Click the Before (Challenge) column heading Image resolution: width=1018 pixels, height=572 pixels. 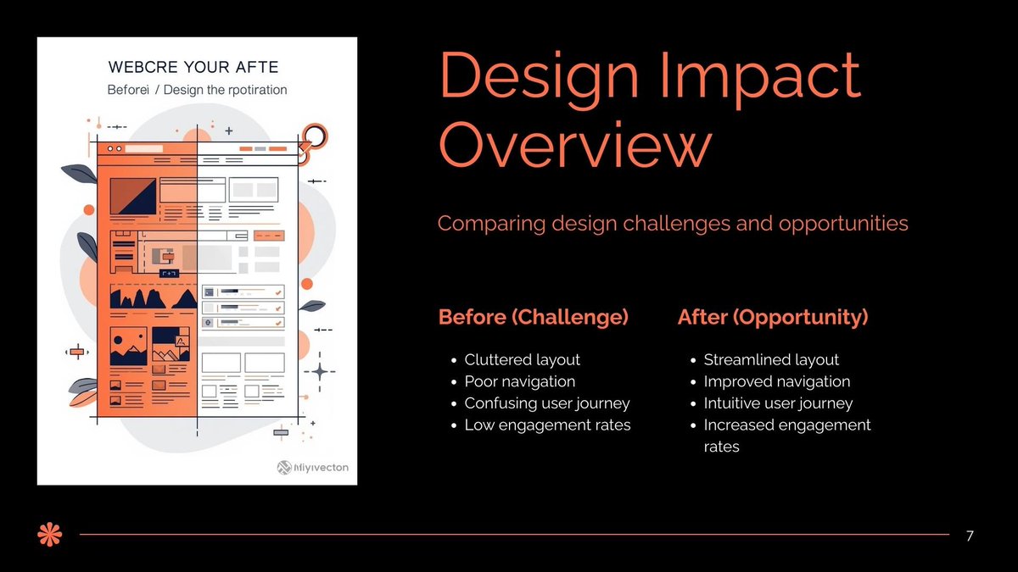coord(533,317)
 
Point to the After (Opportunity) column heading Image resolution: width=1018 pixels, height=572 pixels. coord(773,317)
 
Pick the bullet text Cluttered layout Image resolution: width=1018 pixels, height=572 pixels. coord(522,359)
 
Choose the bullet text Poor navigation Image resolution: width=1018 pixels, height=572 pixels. coord(519,381)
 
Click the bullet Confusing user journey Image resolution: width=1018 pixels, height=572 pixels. coord(546,403)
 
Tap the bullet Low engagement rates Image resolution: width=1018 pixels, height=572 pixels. coord(547,425)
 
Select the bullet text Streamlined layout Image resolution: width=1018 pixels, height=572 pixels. coord(771,359)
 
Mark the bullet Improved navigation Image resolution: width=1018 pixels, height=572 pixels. coord(776,381)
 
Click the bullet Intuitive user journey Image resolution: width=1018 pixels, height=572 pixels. coord(778,403)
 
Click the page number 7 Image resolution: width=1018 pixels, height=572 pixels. coord(970,536)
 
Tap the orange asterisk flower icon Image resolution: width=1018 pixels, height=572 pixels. coord(50,535)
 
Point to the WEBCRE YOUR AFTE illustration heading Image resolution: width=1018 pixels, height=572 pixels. coord(193,68)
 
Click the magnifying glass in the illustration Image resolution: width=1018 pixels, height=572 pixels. coord(315,136)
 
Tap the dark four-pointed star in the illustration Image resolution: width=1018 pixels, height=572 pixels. coord(320,371)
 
